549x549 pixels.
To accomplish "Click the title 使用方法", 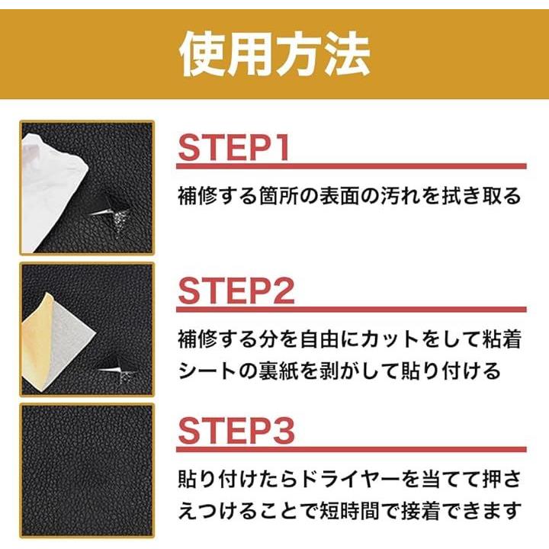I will [x=274, y=55].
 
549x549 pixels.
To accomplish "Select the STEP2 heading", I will [x=236, y=291].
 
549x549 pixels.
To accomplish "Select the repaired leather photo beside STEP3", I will [x=87, y=469].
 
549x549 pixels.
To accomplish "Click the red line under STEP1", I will [x=352, y=166].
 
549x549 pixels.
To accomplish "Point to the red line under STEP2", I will [x=352, y=309].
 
